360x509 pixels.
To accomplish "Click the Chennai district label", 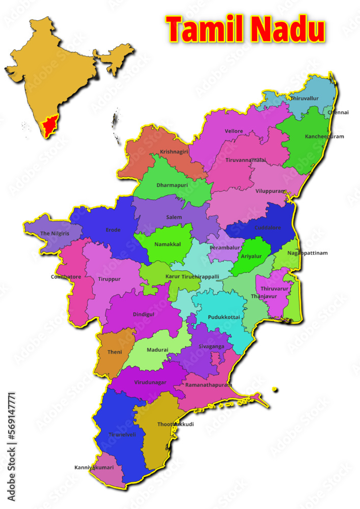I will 338,112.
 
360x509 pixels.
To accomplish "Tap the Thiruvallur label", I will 304,98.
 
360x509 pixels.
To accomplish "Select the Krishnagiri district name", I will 174,152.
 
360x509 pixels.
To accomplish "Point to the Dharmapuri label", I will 172,185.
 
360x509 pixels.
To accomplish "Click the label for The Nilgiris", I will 54,234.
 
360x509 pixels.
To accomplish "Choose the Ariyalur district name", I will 252,256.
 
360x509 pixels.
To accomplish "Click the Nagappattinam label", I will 308,253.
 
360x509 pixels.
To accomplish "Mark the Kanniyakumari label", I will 94,467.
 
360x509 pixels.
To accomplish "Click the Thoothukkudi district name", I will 176,424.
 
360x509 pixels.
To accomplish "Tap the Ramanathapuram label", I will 208,385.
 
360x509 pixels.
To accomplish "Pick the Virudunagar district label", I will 150,382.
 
